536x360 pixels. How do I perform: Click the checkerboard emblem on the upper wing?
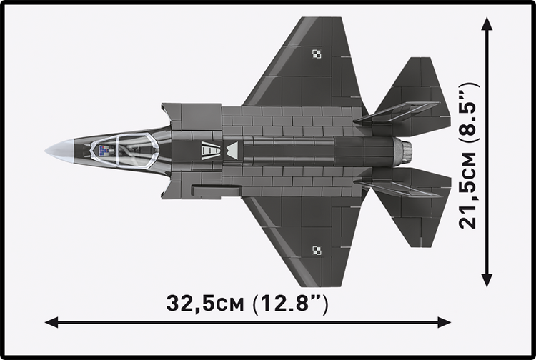coord(317,53)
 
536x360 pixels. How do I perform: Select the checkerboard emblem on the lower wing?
coord(317,249)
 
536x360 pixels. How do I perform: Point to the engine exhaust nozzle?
coord(405,150)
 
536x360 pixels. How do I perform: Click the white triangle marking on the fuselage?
coord(232,150)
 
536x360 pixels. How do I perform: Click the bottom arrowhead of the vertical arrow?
coord(487,280)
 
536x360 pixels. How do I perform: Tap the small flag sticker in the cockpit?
coord(104,149)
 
